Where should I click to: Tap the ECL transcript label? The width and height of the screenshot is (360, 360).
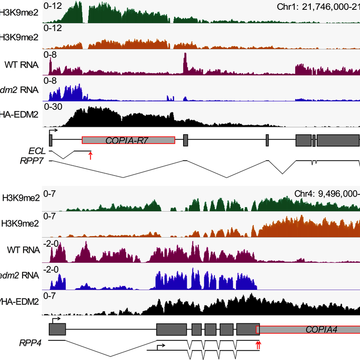click(36, 150)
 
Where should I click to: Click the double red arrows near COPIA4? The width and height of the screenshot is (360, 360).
click(258, 345)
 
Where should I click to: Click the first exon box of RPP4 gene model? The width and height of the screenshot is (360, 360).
click(57, 329)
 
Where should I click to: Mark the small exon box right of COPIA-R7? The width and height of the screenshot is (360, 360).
click(185, 140)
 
